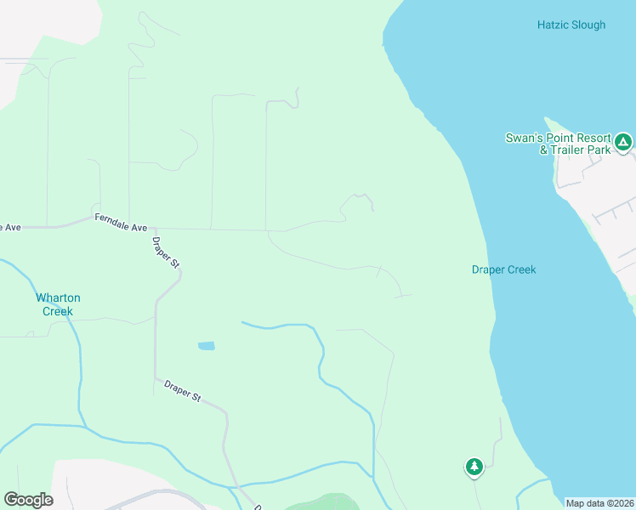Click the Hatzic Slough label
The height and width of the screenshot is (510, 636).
tap(571, 25)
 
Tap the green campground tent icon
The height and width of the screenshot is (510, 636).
tap(623, 142)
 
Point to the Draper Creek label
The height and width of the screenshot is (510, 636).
tap(503, 269)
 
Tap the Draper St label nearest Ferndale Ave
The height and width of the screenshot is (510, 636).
tap(166, 252)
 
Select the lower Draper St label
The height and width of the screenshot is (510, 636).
tap(182, 392)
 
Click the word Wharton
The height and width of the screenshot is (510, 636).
tap(58, 297)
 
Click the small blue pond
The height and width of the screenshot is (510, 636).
tap(206, 346)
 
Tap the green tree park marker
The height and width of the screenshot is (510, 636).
tap(474, 466)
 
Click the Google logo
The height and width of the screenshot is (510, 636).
tap(28, 500)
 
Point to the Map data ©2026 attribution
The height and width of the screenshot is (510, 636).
tap(599, 503)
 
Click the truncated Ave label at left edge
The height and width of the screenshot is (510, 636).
tap(9, 227)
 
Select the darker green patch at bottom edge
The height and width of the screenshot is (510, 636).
tap(323, 502)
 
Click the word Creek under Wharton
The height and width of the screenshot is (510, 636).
tap(58, 311)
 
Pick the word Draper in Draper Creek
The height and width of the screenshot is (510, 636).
tap(489, 269)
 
